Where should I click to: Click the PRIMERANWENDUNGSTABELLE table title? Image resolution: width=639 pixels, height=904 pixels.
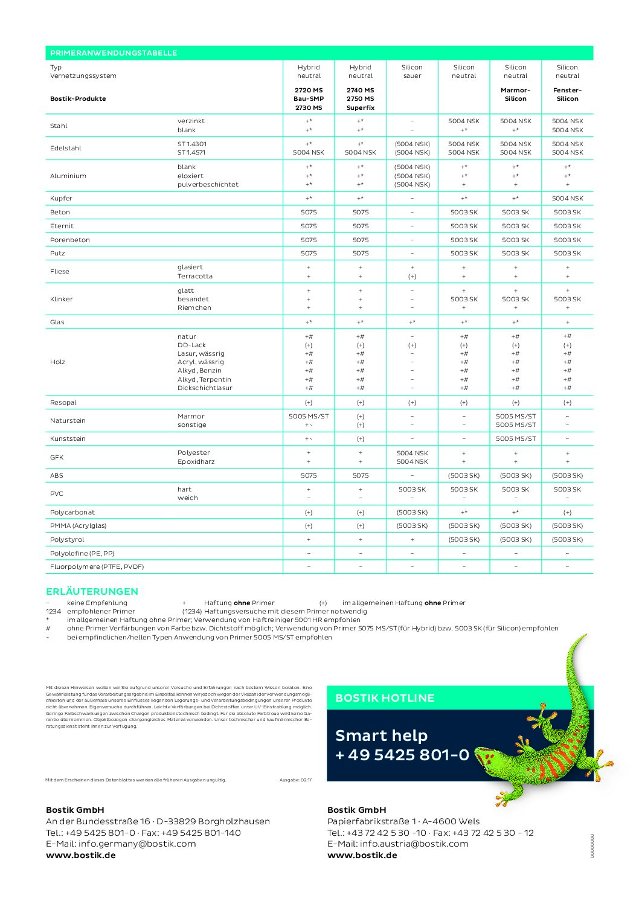(114, 53)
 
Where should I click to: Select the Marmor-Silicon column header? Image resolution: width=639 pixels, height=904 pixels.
(515, 94)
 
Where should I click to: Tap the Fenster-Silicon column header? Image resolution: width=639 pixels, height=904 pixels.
(567, 94)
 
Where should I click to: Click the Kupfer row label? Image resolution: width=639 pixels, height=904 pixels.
(61, 198)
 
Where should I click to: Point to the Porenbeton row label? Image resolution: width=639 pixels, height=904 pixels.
(70, 240)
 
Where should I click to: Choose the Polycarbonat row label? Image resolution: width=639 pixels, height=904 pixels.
(72, 512)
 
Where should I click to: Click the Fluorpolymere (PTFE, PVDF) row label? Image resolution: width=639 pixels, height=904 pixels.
(97, 566)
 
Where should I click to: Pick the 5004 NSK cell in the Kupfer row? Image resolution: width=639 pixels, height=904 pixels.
(567, 198)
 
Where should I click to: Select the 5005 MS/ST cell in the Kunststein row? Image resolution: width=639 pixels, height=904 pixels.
(515, 438)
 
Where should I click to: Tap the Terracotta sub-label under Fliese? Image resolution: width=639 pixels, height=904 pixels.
(194, 276)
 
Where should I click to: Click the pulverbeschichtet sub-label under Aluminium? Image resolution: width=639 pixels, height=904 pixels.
(208, 184)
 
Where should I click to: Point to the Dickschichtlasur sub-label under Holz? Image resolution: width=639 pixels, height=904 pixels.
(205, 388)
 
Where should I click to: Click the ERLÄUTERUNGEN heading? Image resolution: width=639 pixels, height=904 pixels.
(92, 591)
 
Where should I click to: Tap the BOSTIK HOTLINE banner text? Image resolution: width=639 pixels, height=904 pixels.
(385, 698)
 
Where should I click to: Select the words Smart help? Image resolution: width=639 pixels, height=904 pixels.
(381, 736)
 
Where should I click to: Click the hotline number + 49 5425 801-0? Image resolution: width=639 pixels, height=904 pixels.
(402, 755)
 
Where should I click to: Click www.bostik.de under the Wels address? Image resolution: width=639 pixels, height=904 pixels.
(362, 855)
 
